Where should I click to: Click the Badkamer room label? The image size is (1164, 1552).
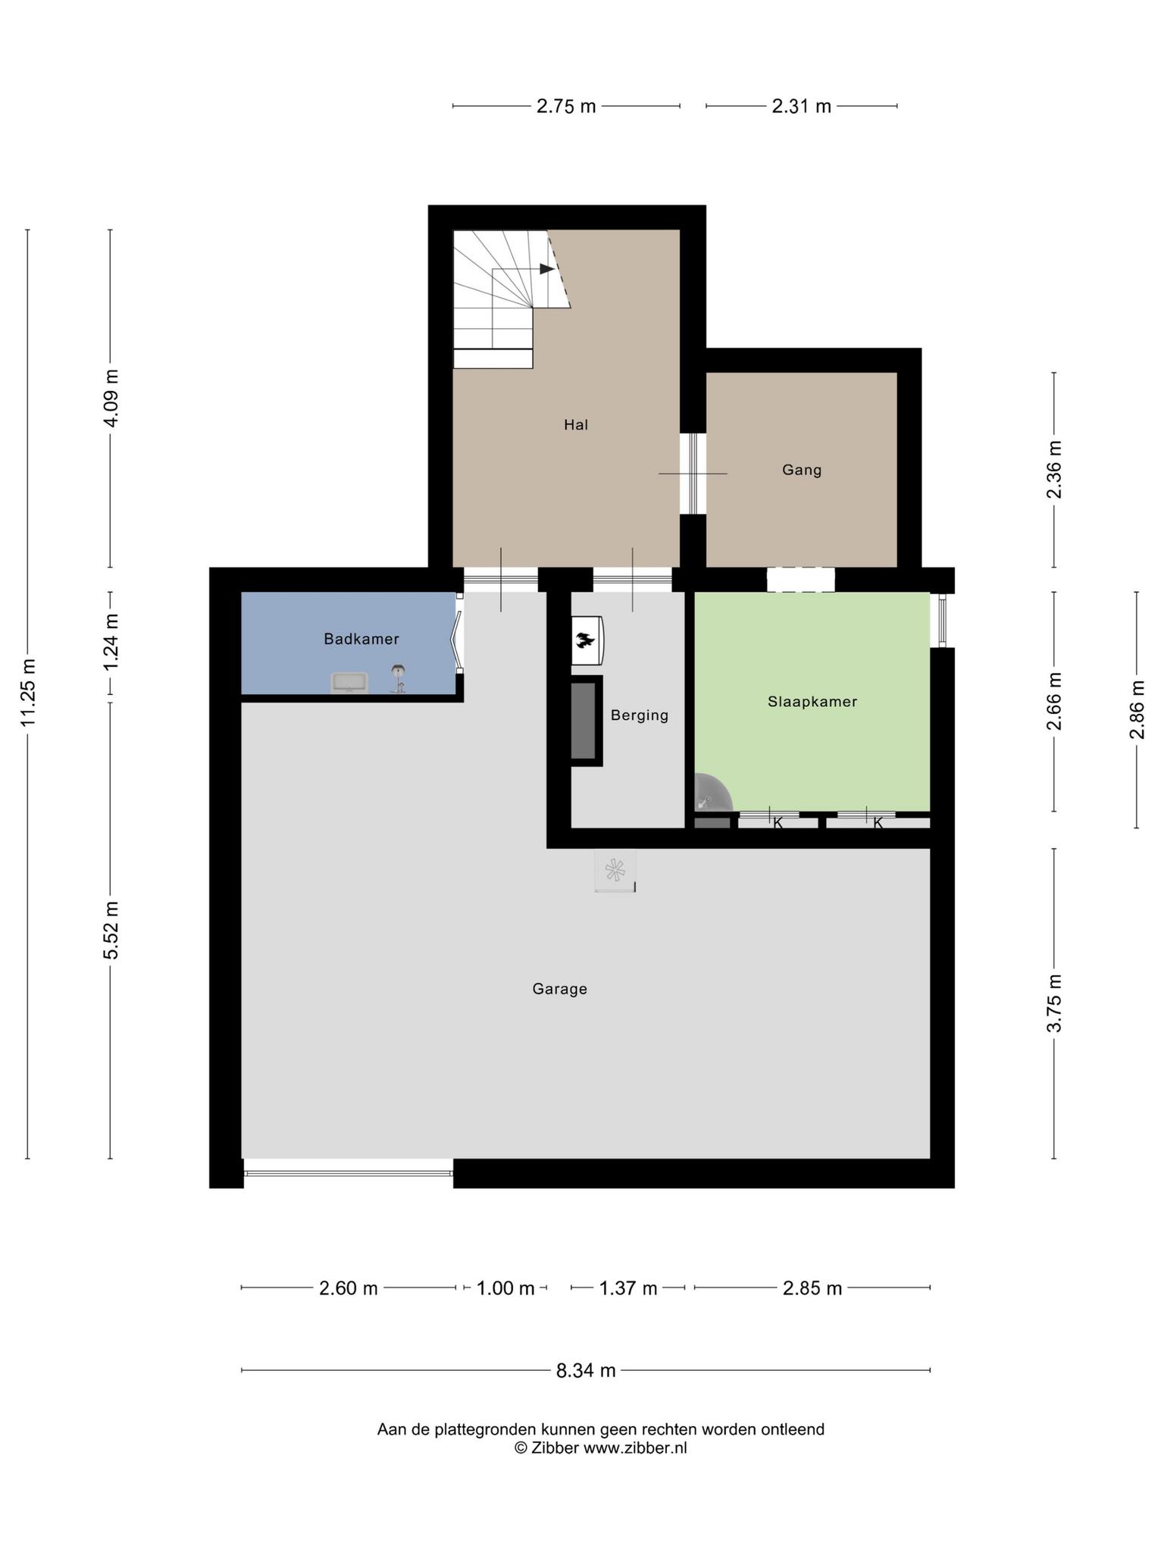click(x=361, y=639)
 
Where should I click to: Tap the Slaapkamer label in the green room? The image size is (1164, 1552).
click(x=812, y=702)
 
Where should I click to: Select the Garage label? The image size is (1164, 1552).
click(x=559, y=989)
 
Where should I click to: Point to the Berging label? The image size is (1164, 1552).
click(x=640, y=715)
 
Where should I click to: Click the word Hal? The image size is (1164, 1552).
click(x=576, y=424)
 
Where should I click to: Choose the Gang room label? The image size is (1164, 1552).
click(x=802, y=470)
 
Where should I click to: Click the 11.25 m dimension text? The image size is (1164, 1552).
click(x=29, y=693)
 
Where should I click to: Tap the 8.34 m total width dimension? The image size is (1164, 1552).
click(x=586, y=1370)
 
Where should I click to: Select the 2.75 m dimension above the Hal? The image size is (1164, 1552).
click(x=566, y=107)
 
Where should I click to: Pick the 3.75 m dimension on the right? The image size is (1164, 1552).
click(x=1054, y=1003)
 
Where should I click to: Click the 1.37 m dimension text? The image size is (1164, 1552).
click(x=628, y=1288)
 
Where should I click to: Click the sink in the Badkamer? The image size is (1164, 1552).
click(x=349, y=682)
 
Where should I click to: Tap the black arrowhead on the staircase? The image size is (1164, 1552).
click(x=546, y=268)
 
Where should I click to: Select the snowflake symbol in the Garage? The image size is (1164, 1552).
click(x=615, y=869)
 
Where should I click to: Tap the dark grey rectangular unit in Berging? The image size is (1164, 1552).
click(x=584, y=720)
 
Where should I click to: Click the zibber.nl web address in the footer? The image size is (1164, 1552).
click(x=635, y=1448)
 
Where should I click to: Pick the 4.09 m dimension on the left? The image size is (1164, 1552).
click(x=111, y=398)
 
